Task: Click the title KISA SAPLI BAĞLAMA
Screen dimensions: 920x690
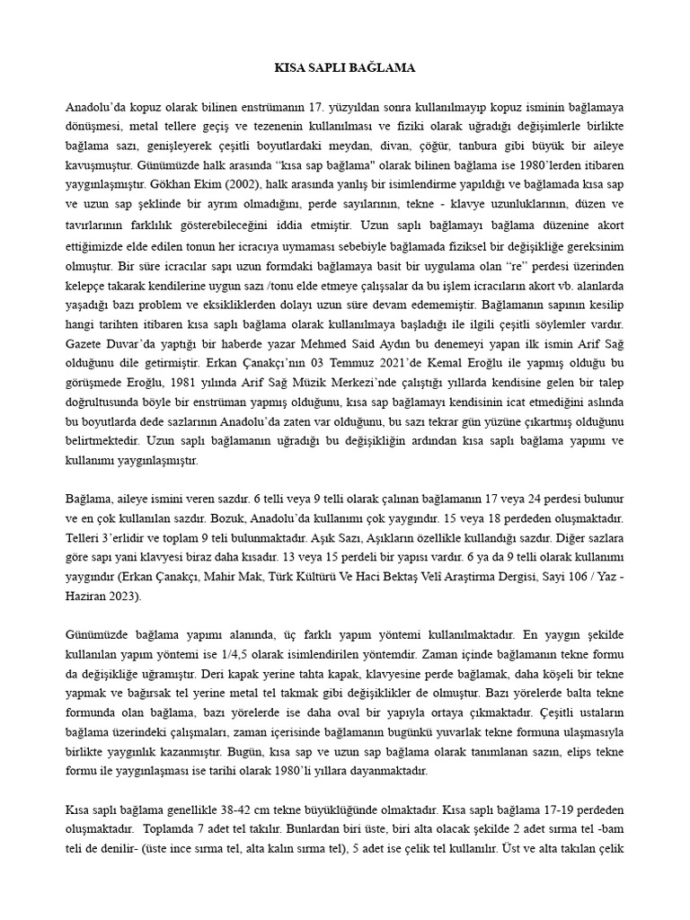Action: click(345, 67)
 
